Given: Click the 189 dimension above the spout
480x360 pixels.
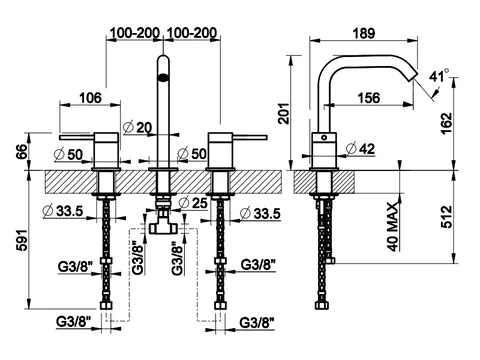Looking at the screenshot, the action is [364, 33].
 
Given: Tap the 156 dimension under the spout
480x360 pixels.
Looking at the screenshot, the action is [369, 98].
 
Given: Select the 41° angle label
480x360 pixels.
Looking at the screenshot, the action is [439, 76].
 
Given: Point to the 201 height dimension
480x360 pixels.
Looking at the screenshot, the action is [284, 113].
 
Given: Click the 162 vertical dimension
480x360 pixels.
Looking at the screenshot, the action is [447, 123].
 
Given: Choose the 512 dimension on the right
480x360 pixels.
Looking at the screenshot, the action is [447, 217].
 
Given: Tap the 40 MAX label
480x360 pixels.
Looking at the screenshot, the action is [393, 227].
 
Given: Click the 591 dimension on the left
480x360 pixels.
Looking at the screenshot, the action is [22, 240].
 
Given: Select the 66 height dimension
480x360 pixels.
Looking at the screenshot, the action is [22, 152].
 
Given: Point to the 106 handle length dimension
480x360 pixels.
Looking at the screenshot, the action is [90, 98].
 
